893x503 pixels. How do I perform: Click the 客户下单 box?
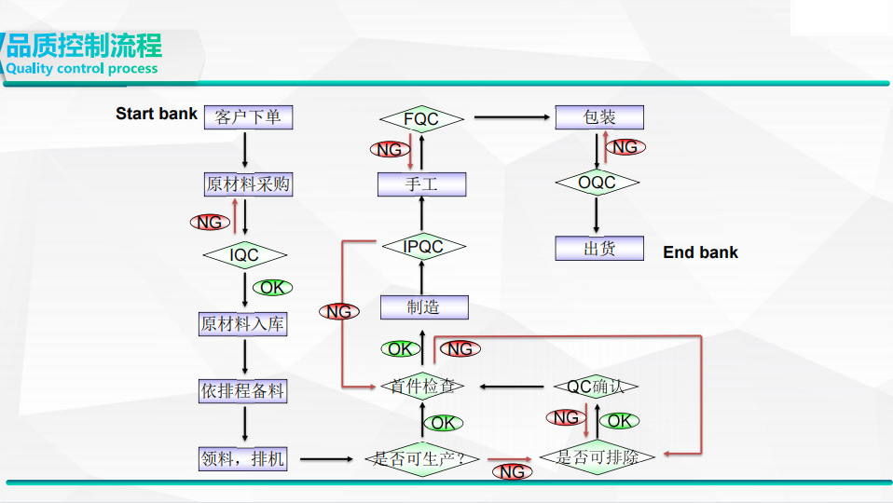[x=247, y=117]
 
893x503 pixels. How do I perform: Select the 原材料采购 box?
[x=248, y=184]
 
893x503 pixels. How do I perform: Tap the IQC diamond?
[x=244, y=254]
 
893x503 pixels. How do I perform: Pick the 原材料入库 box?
[x=243, y=324]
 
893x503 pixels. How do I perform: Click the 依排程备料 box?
[x=242, y=391]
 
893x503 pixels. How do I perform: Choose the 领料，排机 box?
[x=243, y=458]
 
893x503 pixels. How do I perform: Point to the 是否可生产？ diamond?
[x=426, y=458]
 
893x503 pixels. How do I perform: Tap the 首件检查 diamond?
[x=422, y=386]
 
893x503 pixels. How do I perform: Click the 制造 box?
[x=423, y=307]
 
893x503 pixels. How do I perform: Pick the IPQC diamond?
[x=422, y=247]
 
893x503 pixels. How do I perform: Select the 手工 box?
[x=421, y=184]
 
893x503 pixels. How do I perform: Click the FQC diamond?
[x=421, y=118]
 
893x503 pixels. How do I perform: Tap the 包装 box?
[x=599, y=117]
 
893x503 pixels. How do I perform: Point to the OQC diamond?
[x=597, y=183]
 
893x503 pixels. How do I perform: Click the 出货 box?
[x=599, y=249]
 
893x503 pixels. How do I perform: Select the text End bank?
[x=700, y=252]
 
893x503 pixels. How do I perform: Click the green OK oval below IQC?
[x=272, y=288]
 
